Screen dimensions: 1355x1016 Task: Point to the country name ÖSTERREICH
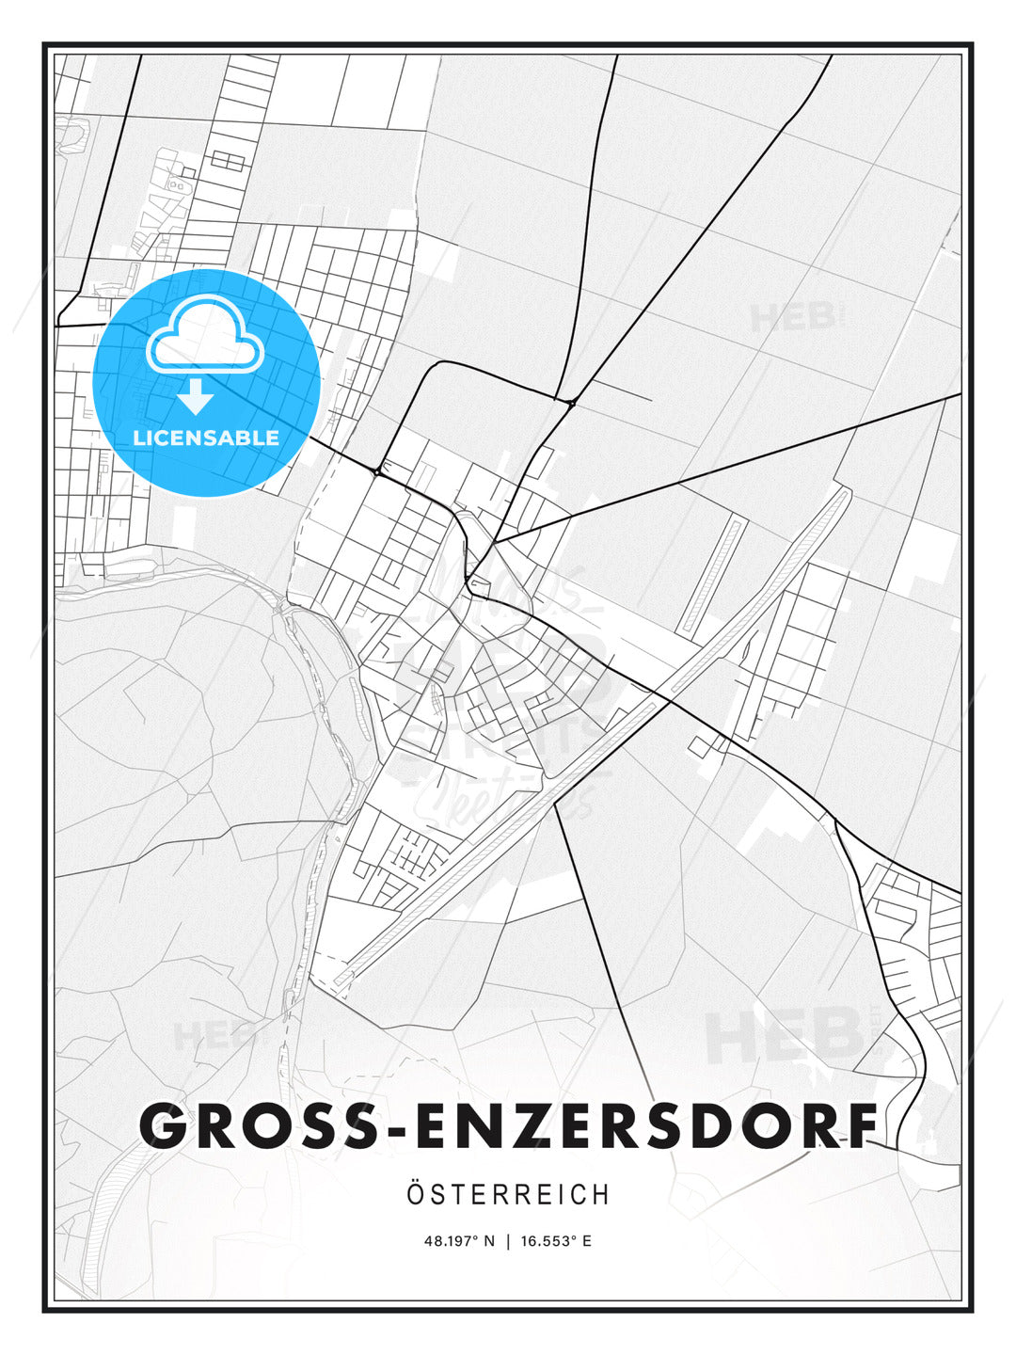click(508, 1194)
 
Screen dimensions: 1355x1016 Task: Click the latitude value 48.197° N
click(459, 1241)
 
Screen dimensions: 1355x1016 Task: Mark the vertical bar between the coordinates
click(509, 1241)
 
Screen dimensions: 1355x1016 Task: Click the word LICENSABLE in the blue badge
click(206, 438)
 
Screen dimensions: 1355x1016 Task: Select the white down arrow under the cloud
click(197, 397)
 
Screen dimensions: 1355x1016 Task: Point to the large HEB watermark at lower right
click(786, 1035)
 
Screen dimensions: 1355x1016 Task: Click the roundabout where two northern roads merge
click(572, 403)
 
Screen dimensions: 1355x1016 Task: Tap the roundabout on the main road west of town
click(376, 471)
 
